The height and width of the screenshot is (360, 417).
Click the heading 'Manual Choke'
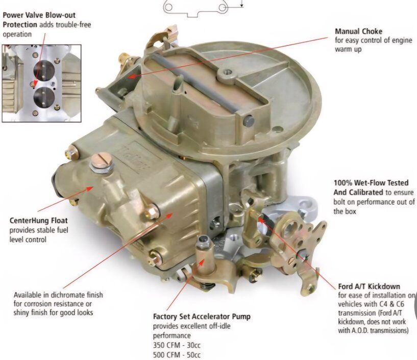358,31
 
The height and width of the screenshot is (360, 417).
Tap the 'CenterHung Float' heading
38,221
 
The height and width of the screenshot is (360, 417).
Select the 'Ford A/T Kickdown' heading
369,286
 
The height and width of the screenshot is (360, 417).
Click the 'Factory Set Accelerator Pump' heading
202,317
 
